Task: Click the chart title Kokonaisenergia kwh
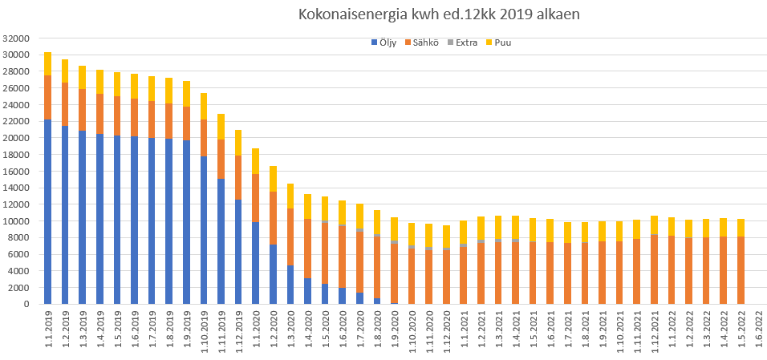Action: point(439,14)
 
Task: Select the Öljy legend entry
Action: point(386,42)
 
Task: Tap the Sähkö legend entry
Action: point(424,42)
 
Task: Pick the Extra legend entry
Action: point(466,42)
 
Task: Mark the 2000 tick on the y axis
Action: point(19,288)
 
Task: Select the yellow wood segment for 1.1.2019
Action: point(48,63)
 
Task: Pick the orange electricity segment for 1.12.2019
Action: point(238,177)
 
